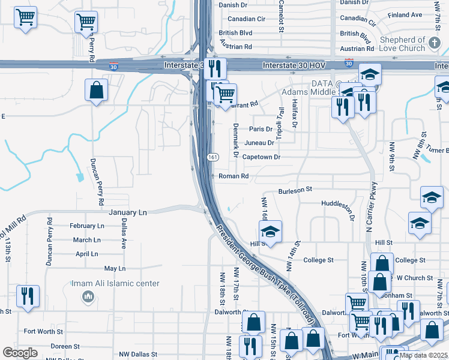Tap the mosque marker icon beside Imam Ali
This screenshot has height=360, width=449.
(x=88, y=296)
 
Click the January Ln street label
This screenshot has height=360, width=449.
(x=128, y=212)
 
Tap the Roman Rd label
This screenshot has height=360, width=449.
(x=234, y=176)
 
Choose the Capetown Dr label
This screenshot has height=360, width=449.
(x=261, y=157)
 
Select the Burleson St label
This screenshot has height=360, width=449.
(x=295, y=190)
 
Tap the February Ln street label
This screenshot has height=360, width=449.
(x=86, y=226)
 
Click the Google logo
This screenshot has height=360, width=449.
(x=20, y=353)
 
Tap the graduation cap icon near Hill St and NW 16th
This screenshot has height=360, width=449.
(x=270, y=232)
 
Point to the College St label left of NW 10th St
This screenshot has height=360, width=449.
(x=318, y=260)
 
